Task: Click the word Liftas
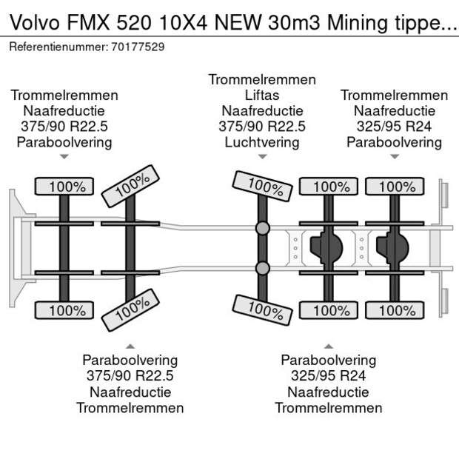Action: [262, 96]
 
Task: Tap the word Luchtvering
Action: [262, 142]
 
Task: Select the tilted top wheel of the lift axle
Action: [259, 185]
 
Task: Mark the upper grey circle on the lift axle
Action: [262, 228]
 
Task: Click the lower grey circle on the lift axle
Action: [262, 268]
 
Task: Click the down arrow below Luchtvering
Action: [262, 157]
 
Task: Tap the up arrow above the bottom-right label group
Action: [329, 346]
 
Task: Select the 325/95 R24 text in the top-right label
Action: [394, 127]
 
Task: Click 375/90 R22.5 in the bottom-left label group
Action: [130, 376]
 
